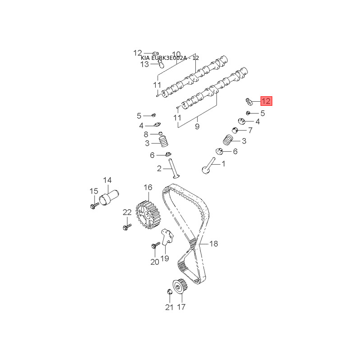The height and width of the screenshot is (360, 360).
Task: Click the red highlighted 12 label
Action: (x=266, y=101)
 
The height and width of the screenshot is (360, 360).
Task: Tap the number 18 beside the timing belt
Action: (x=213, y=243)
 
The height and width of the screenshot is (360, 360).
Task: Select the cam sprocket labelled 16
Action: (x=148, y=215)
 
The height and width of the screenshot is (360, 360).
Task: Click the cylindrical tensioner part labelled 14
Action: (x=109, y=198)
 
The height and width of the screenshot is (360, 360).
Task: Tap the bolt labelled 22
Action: (x=126, y=227)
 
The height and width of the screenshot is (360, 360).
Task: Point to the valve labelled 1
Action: (x=208, y=168)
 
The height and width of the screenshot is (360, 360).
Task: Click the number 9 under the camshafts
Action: (x=197, y=127)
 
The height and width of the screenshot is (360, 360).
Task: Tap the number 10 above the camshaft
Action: (x=176, y=54)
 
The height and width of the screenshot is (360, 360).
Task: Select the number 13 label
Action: (x=144, y=64)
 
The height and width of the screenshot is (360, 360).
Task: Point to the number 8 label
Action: (x=146, y=134)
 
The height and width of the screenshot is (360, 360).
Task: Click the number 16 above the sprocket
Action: (x=148, y=187)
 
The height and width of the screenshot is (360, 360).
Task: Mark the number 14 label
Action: (x=107, y=180)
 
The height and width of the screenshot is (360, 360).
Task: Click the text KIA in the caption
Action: (x=145, y=58)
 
